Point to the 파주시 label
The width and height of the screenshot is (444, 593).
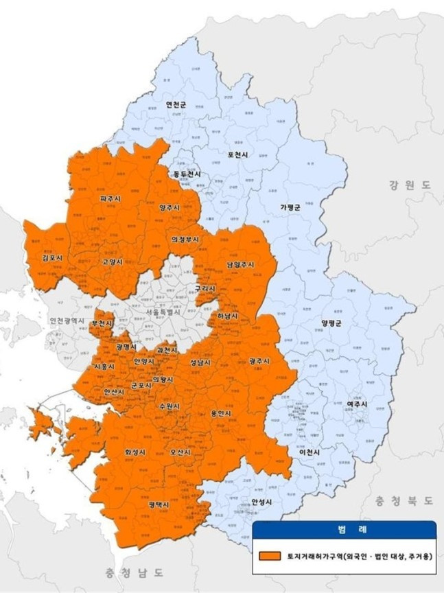(x=110, y=198)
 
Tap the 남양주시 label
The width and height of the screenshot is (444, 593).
(x=240, y=264)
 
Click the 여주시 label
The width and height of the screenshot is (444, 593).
(x=356, y=404)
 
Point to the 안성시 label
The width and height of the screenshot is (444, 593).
(x=262, y=502)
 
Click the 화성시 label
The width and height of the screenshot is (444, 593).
(x=135, y=453)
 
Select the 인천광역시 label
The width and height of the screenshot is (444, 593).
(x=66, y=321)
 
